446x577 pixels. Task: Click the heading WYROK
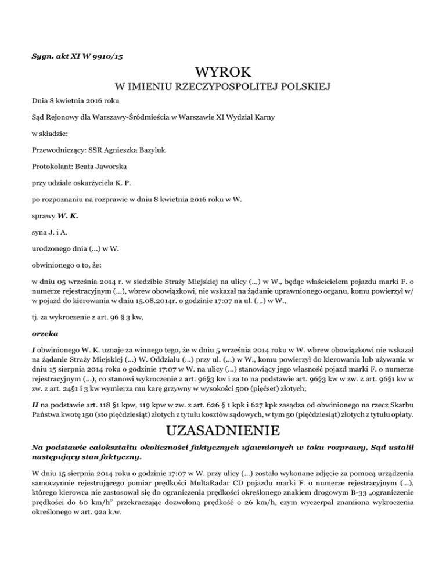click(223, 73)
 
